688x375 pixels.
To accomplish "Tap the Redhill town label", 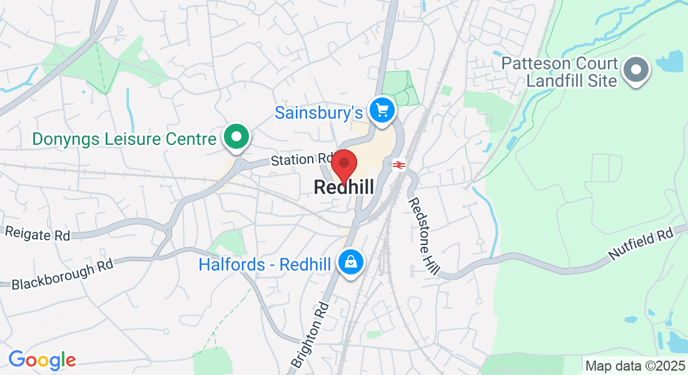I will pyautogui.click(x=344, y=187).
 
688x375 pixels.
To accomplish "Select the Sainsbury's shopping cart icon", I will pyautogui.click(x=382, y=111).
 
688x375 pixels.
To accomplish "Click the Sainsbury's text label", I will pyautogui.click(x=319, y=112).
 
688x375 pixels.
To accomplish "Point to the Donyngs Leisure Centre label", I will pyautogui.click(x=124, y=138).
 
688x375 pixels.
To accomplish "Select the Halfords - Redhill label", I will pyautogui.click(x=265, y=264).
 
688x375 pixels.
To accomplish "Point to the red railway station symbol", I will pyautogui.click(x=397, y=165).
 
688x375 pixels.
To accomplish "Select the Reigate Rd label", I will pyautogui.click(x=38, y=233).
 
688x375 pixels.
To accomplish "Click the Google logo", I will pyautogui.click(x=42, y=360).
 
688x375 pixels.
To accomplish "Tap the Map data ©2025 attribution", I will pyautogui.click(x=634, y=365).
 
